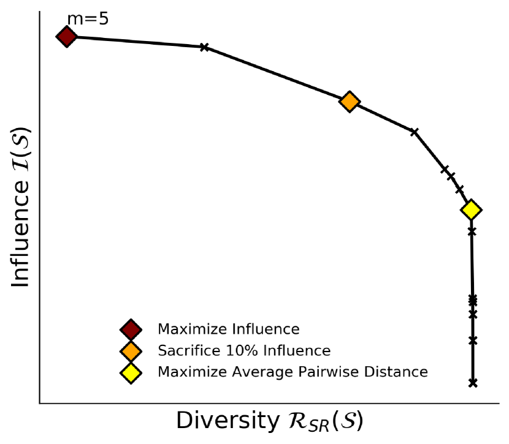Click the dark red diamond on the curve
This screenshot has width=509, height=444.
[67, 37]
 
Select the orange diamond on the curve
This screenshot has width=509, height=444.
[349, 102]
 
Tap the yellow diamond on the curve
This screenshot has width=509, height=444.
[470, 210]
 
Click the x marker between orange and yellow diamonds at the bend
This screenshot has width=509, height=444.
[414, 132]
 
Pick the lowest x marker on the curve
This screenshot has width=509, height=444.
[473, 383]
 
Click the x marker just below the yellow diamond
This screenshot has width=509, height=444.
[472, 231]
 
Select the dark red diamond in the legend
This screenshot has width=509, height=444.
[131, 329]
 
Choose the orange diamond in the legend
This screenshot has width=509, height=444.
[131, 351]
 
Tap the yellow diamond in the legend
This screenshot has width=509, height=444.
[131, 372]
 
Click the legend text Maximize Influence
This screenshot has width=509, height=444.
[229, 329]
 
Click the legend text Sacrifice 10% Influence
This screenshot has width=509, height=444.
[244, 351]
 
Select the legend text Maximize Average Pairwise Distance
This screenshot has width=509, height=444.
[293, 372]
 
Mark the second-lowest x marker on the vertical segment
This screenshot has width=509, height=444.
[473, 341]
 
